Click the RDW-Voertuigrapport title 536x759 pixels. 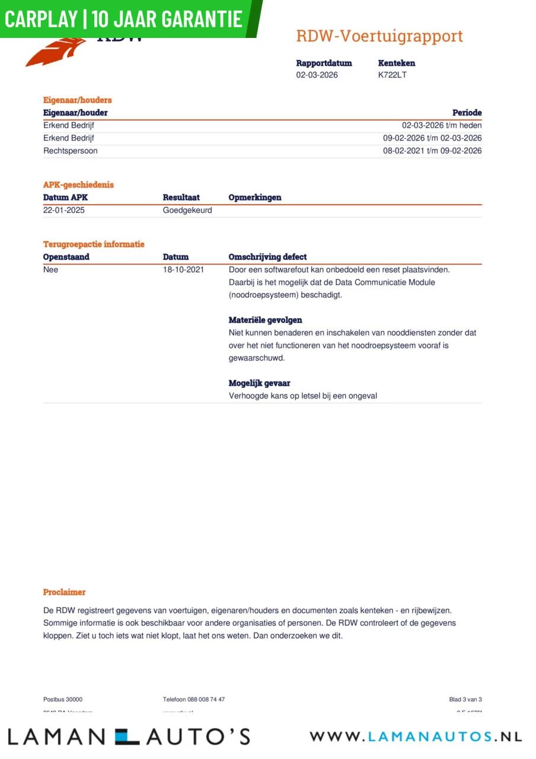point(379,36)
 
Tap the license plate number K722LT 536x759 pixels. point(393,75)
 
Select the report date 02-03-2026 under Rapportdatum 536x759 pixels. point(317,75)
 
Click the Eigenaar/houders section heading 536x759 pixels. point(77,100)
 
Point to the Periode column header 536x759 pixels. point(467,113)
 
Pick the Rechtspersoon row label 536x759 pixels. point(71,151)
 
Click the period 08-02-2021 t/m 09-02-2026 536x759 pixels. point(432,151)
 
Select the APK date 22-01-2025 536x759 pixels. point(64,211)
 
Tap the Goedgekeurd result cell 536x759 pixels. point(187,211)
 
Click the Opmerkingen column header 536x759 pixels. point(255,197)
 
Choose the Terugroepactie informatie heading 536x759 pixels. point(94,244)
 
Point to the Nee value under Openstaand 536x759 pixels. point(51,270)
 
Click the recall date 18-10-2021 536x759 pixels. point(183,270)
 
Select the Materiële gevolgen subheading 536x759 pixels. point(266,320)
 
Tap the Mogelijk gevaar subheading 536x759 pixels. point(260,383)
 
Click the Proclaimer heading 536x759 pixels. point(64,592)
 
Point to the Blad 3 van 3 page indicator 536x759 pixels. point(465,700)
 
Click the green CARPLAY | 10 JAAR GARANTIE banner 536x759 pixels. point(125,19)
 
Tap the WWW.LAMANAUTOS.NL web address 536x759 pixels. point(416,736)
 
